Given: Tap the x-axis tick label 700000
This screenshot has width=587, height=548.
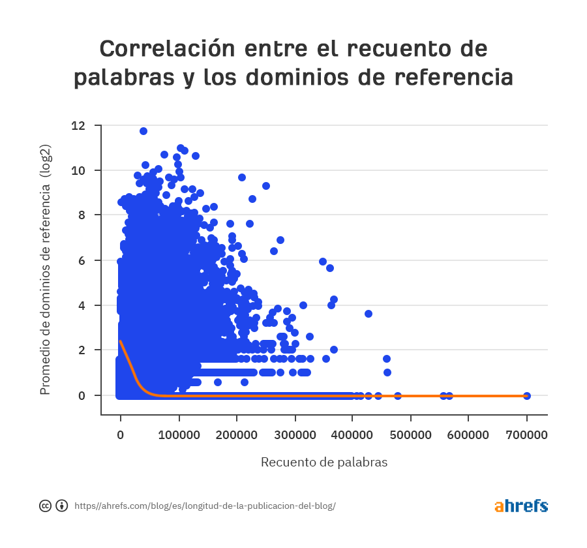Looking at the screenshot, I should point(527,434).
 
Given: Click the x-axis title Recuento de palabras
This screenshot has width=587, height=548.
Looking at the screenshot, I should point(324,462).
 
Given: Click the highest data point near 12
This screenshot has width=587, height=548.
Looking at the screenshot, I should point(143,131).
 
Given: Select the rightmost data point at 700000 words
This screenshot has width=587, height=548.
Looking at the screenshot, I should point(527,395).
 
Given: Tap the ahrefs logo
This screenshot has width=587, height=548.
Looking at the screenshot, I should point(520,506).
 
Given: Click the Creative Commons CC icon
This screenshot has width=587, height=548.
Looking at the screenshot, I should point(46,506).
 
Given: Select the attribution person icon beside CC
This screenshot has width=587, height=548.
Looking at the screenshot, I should point(62,506).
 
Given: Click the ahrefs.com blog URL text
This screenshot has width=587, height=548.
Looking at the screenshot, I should point(205,506).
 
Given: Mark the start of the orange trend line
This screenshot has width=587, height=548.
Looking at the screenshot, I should point(121,341).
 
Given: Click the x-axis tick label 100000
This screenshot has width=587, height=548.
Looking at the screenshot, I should point(179,434).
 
